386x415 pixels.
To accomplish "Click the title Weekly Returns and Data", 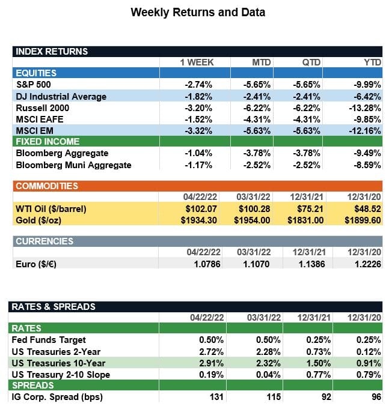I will click(198, 12).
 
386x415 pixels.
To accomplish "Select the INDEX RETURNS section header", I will click(52, 51).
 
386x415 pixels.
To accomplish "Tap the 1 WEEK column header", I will click(197, 62).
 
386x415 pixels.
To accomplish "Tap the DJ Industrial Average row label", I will click(61, 96).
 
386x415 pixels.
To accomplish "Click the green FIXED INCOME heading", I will click(47, 142).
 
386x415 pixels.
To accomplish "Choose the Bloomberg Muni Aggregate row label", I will click(73, 164).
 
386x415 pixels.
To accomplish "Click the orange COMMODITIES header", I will click(47, 186).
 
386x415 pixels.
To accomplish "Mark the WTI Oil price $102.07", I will click(198, 209).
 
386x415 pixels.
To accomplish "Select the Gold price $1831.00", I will click(307, 220).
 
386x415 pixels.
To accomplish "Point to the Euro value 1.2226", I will click(367, 264).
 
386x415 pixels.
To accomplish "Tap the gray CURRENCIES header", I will click(44, 241).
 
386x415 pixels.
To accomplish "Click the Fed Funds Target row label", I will click(51, 340).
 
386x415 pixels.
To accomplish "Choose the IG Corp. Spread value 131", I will click(216, 396).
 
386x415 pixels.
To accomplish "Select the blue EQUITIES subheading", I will click(36, 73).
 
